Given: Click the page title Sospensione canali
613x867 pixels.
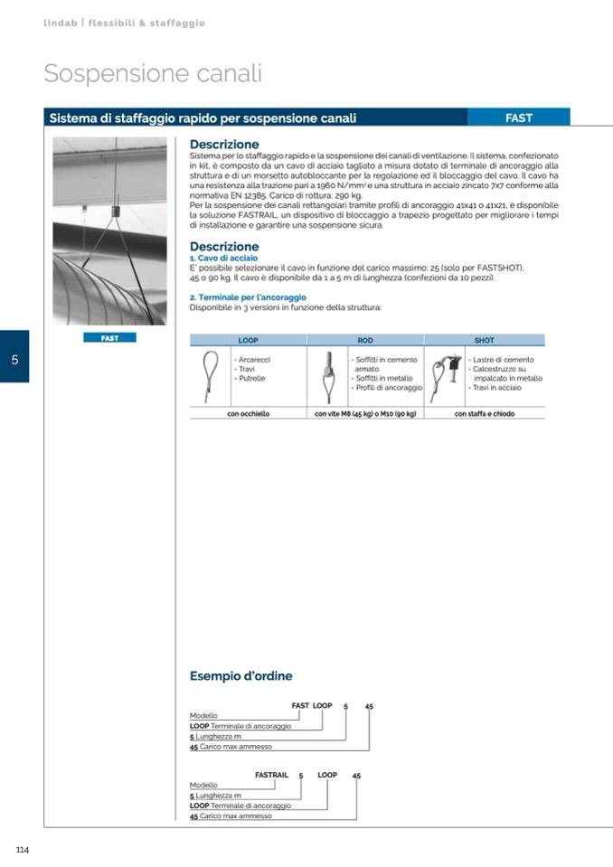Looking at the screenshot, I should (153, 73).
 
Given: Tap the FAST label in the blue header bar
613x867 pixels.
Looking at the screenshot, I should (518, 118).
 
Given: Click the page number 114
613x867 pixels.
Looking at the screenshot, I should (24, 849).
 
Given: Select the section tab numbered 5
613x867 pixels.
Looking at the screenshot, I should (14, 359).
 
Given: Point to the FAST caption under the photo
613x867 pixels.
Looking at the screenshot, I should (109, 338).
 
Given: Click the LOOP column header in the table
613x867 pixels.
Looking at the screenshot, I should (248, 341).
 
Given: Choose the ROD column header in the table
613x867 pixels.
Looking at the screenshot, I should (365, 341).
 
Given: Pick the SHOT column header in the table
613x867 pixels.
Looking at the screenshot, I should (484, 341).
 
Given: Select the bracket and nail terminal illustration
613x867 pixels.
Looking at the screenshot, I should (444, 372).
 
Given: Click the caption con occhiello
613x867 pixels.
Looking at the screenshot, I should (248, 414).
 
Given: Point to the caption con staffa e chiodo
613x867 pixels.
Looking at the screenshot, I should (484, 414).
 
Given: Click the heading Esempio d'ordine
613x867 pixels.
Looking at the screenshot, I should (240, 676).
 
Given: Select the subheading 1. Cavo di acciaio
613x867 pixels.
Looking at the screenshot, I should (217, 259).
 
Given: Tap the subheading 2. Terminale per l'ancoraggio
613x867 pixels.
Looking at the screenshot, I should (248, 297).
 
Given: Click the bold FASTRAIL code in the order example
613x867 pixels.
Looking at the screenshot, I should (271, 775).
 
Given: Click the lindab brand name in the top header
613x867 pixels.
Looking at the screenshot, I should (61, 23).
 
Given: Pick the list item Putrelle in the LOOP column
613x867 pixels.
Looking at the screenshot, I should (251, 378).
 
